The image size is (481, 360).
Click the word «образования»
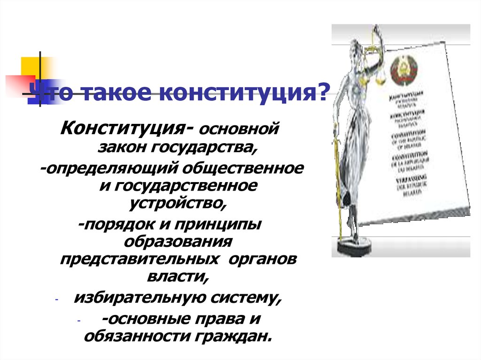tap(178, 242)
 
